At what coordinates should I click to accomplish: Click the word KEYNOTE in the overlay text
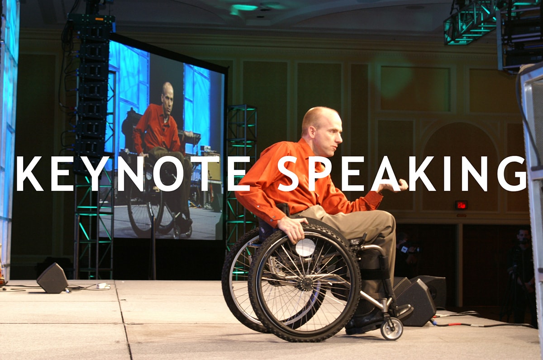coord(133,174)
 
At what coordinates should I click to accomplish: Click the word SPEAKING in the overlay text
coord(402,174)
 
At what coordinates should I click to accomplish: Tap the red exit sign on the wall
coord(461,205)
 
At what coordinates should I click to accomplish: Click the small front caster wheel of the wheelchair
coord(391,329)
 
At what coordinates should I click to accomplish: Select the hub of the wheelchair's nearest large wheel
coord(306,282)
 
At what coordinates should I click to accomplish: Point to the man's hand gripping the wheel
coord(292,228)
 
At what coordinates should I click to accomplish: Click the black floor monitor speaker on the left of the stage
coord(53,279)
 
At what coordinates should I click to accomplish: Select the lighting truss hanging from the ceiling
coord(469,23)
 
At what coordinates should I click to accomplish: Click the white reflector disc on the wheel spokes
coord(305,247)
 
